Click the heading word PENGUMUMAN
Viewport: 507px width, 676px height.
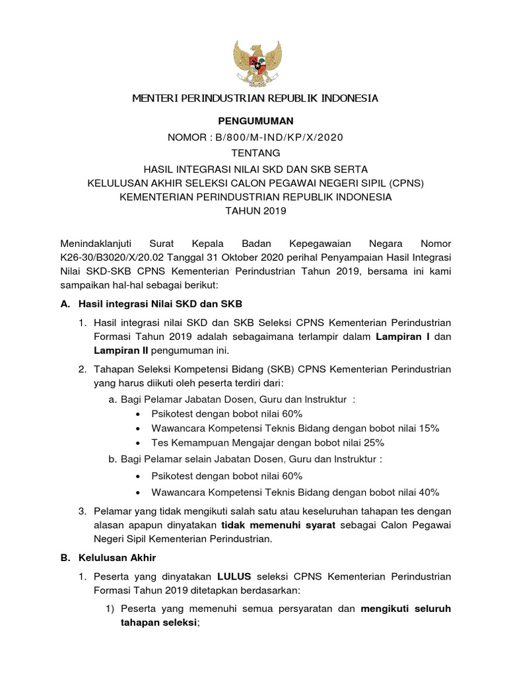(255, 121)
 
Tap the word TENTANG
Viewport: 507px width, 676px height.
(255, 152)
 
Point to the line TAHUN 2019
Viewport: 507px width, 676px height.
(255, 211)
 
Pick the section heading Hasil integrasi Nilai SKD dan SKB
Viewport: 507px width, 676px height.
(160, 304)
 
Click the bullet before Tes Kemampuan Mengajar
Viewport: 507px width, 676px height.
(137, 443)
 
